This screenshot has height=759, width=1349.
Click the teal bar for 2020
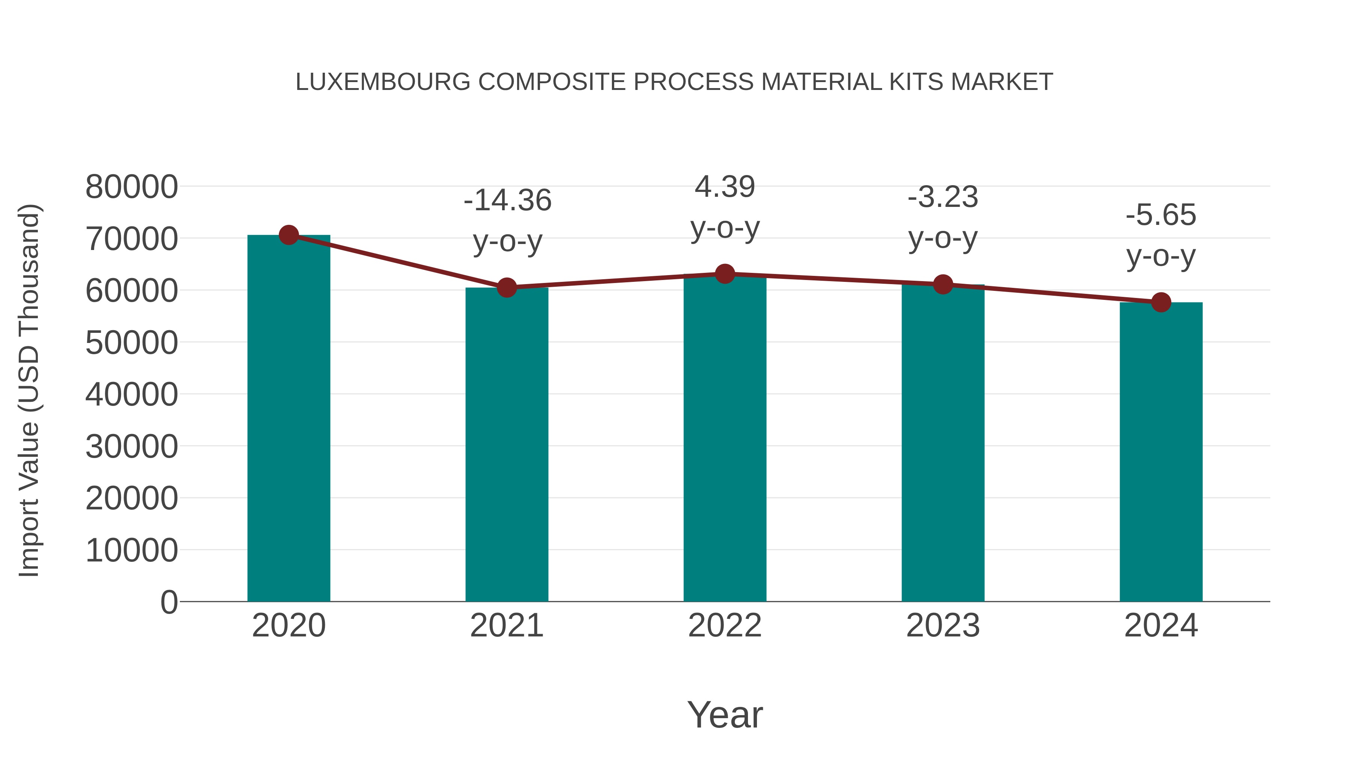click(x=289, y=419)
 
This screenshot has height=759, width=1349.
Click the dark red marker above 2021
click(x=506, y=287)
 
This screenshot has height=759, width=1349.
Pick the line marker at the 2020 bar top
click(x=289, y=235)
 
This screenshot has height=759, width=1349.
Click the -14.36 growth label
click(x=507, y=200)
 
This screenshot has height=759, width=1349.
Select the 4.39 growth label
click(x=725, y=187)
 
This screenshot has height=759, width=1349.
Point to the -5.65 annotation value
click(x=1161, y=215)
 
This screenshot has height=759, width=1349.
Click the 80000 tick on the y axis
click(x=132, y=187)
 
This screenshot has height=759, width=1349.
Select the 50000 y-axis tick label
click(x=132, y=343)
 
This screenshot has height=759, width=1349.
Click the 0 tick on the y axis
click(x=169, y=602)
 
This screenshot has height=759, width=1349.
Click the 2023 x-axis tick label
click(x=943, y=626)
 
